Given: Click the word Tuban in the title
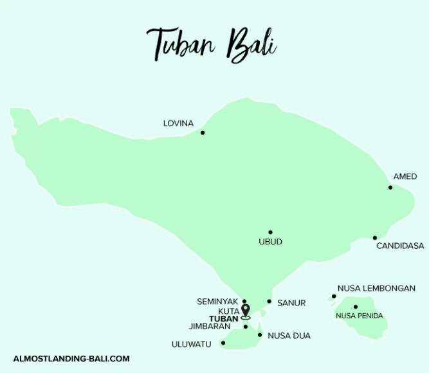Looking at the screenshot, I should click(x=181, y=44).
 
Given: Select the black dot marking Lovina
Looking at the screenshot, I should click(x=203, y=133).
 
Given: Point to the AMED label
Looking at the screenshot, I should click(x=405, y=177).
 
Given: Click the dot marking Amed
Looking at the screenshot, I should click(x=390, y=188).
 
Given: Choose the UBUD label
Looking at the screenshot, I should click(x=270, y=242).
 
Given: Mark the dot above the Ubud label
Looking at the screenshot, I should click(x=270, y=232).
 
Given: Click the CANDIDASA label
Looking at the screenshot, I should click(x=400, y=246).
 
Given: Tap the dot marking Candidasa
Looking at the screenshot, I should click(x=375, y=238).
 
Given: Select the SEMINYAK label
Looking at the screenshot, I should click(x=217, y=301).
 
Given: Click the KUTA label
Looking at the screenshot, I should click(x=228, y=311).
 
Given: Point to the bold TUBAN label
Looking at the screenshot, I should click(x=224, y=318).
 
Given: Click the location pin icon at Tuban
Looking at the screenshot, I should click(x=245, y=311).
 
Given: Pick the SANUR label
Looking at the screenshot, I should click(x=291, y=302).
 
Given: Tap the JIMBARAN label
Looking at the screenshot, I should click(x=210, y=327).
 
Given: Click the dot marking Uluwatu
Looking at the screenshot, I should click(x=223, y=343).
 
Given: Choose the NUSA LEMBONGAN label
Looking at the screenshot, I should click(x=376, y=289).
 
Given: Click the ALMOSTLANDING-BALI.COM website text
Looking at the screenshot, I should click(x=71, y=359).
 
